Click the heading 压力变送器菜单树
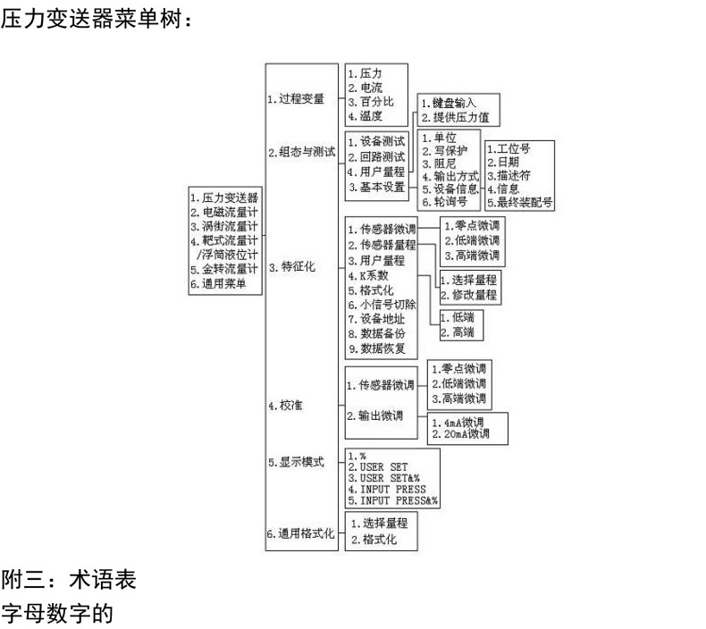tap(96, 18)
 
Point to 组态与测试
tap(301, 153)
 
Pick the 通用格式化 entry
tap(301, 534)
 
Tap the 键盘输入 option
tap(452, 103)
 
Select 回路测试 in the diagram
tap(376, 156)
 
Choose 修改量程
tap(468, 294)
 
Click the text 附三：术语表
tap(69, 581)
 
